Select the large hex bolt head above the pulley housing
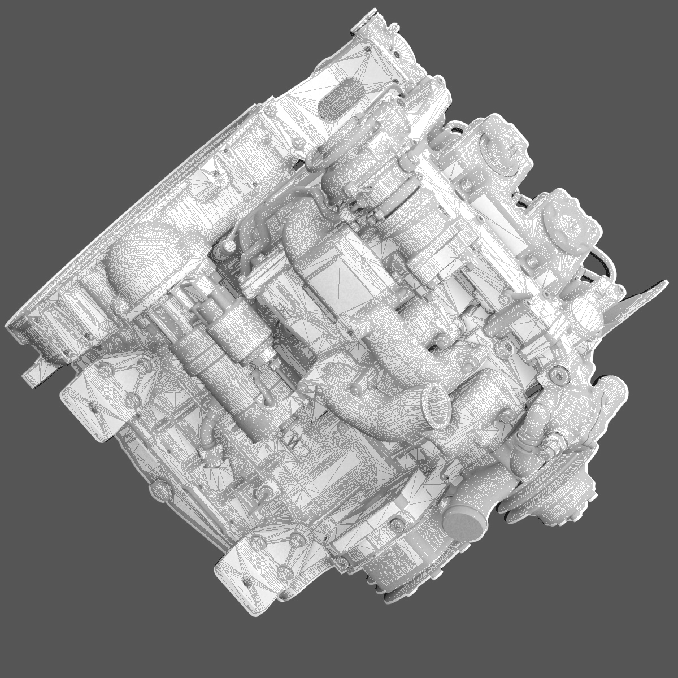pyautogui.click(x=559, y=373)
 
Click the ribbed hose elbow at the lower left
pyautogui.click(x=212, y=446)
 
